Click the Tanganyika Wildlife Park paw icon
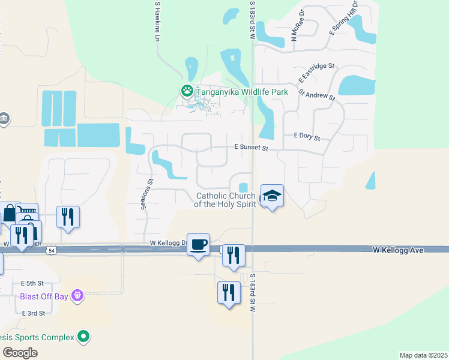click(187, 91)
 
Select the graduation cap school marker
click(272, 196)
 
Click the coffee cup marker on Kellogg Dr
click(198, 244)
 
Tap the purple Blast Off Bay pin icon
click(77, 295)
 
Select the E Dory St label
click(306, 137)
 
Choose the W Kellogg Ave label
click(399, 249)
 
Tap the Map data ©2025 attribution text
click(423, 355)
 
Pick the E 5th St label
click(32, 283)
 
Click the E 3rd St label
click(34, 313)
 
